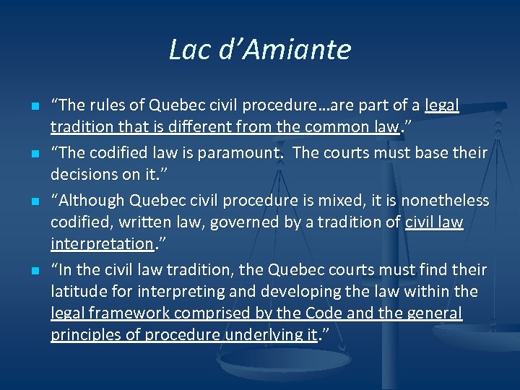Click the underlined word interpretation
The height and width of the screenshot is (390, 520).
point(102,245)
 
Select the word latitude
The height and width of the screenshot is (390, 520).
point(75,291)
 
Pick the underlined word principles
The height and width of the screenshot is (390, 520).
point(84,334)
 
